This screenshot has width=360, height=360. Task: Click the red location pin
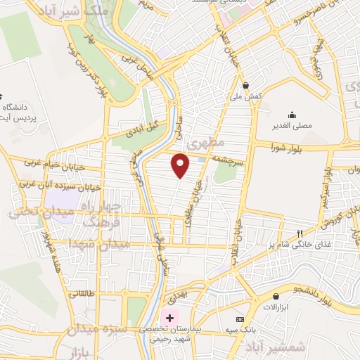[181, 165]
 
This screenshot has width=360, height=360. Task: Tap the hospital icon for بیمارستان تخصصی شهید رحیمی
[169, 318]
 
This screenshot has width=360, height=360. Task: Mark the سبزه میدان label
[99, 329]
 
